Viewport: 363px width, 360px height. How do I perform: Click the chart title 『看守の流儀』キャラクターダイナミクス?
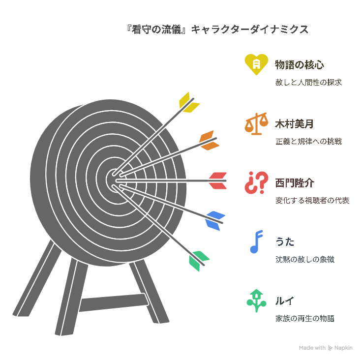[x=217, y=30]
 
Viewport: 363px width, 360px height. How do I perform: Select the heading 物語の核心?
[x=300, y=65]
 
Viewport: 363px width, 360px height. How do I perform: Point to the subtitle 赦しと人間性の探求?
[x=308, y=82]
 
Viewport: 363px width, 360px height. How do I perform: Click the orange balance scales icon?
[x=256, y=123]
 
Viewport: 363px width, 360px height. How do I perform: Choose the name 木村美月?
[x=294, y=124]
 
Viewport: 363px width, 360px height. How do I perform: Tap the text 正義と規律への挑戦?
[x=308, y=141]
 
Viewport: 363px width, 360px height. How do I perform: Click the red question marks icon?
[x=256, y=182]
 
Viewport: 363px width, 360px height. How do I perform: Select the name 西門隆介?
[x=295, y=183]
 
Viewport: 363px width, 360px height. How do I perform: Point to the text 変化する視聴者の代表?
[x=312, y=200]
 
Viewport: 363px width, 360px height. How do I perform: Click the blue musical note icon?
[x=256, y=241]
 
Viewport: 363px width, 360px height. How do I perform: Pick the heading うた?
[x=285, y=242]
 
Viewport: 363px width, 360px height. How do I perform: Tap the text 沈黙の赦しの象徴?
[x=305, y=259]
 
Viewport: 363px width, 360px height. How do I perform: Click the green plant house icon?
[x=256, y=300]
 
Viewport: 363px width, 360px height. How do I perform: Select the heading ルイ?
[x=284, y=301]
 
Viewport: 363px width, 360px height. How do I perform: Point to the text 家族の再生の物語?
[x=305, y=318]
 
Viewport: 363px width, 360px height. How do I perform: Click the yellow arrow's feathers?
[x=188, y=103]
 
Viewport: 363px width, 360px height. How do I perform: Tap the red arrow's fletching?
[x=217, y=180]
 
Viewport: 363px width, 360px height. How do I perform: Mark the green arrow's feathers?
[x=198, y=261]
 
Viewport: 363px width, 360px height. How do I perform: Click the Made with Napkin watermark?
[x=326, y=348]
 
